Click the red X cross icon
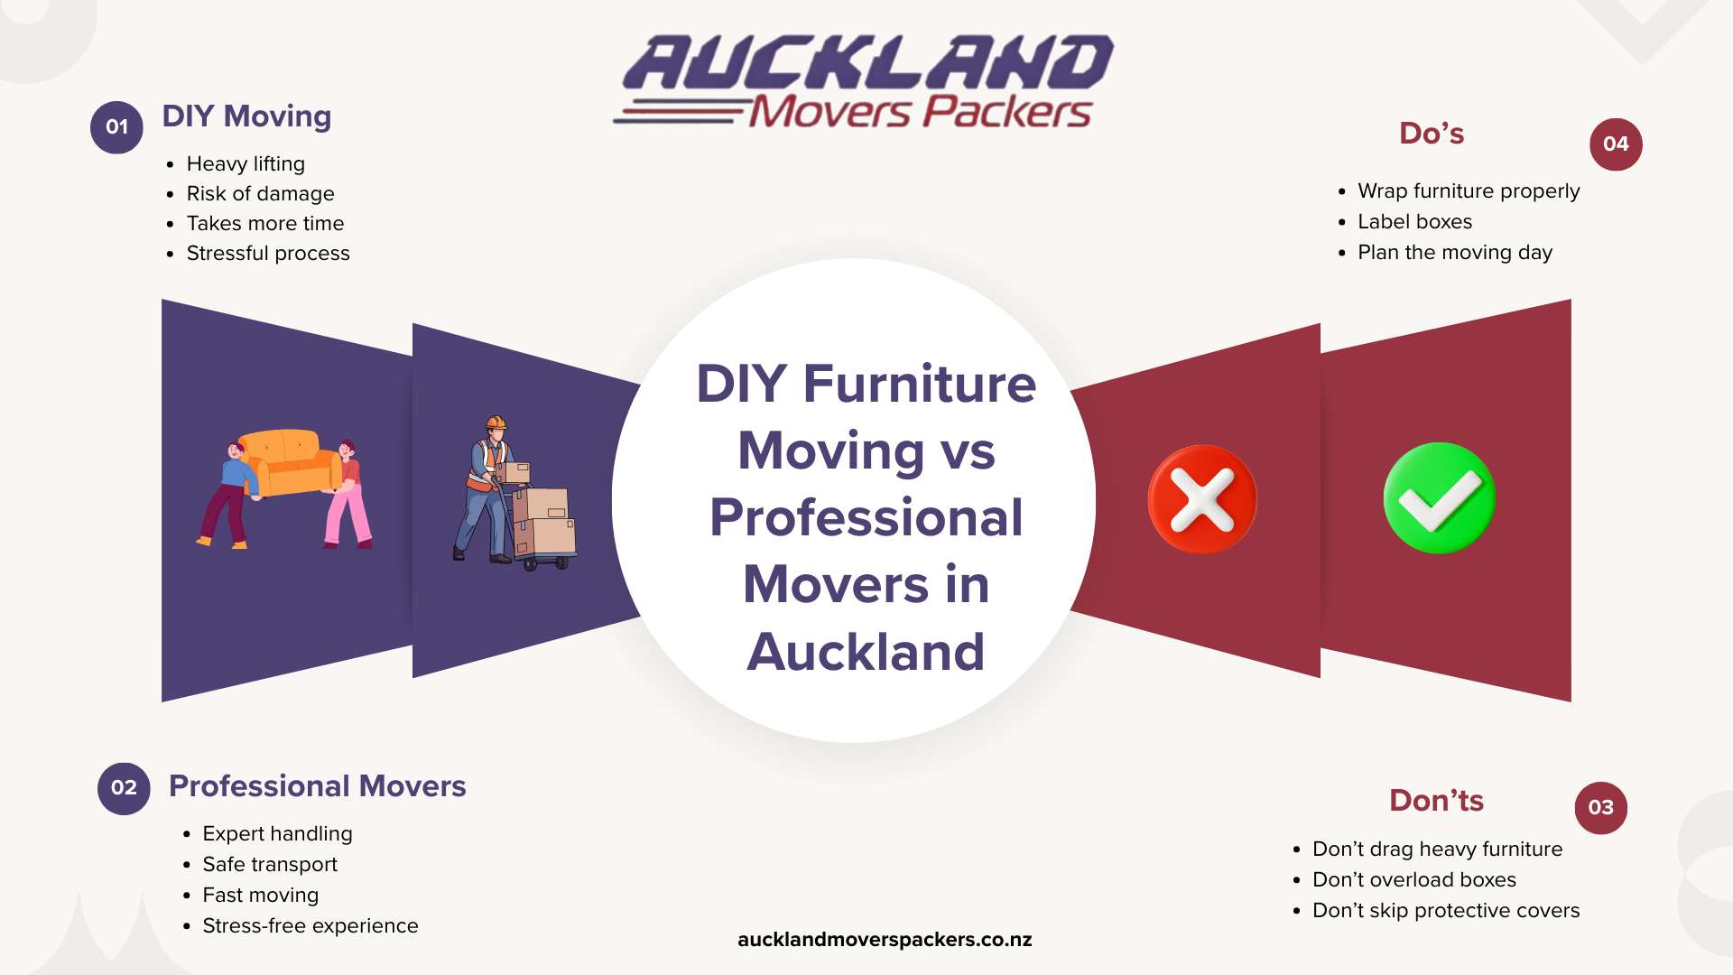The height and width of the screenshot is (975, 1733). tap(1202, 499)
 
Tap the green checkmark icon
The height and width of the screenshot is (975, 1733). tap(1440, 498)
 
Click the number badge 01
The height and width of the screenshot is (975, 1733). tap(116, 127)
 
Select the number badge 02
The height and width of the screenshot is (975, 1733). tap(124, 788)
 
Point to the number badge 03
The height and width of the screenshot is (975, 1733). tap(1601, 808)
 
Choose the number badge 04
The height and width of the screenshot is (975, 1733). tap(1616, 144)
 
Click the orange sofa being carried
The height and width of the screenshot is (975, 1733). tap(287, 462)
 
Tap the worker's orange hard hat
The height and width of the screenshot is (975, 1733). tap(496, 422)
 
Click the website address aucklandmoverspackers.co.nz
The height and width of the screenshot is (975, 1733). tap(885, 940)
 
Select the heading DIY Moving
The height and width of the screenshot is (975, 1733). tap(246, 116)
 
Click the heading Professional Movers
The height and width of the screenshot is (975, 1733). tap(318, 786)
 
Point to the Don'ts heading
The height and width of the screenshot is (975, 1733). tap(1436, 801)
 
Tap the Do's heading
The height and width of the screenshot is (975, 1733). tap(1432, 134)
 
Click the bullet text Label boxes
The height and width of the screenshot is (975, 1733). tap(1414, 222)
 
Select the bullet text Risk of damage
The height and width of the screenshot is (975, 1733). tap(260, 194)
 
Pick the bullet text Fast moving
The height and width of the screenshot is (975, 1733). tap(260, 896)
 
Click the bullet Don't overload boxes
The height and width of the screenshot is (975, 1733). tap(1414, 880)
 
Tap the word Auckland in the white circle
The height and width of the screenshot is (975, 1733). tap(866, 652)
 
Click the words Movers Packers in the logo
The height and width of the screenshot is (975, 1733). tap(920, 112)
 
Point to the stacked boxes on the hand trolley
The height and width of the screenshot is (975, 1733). tap(544, 520)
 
